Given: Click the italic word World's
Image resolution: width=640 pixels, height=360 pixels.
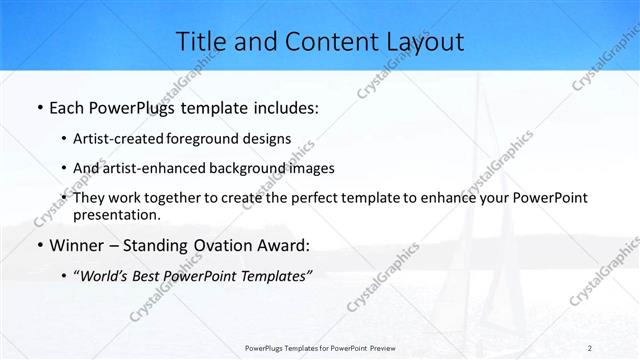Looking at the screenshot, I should (105, 277).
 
